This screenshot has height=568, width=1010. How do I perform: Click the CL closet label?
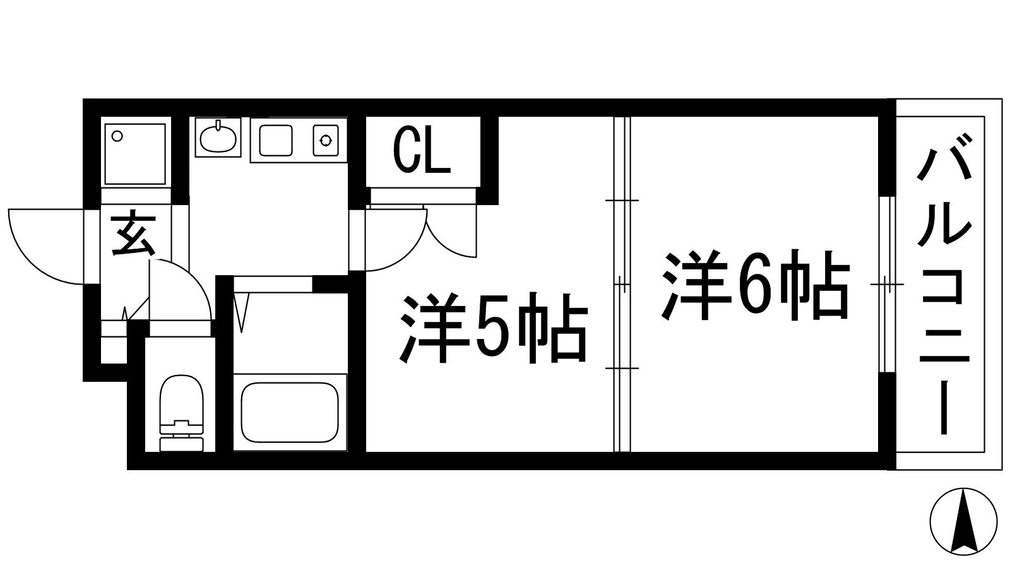click(422, 151)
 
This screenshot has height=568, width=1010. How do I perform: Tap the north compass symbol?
click(963, 521)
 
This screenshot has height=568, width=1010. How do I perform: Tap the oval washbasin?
click(217, 139)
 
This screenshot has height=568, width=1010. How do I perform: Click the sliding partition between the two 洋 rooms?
click(622, 284)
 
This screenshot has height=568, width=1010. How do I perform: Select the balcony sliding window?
click(888, 284)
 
